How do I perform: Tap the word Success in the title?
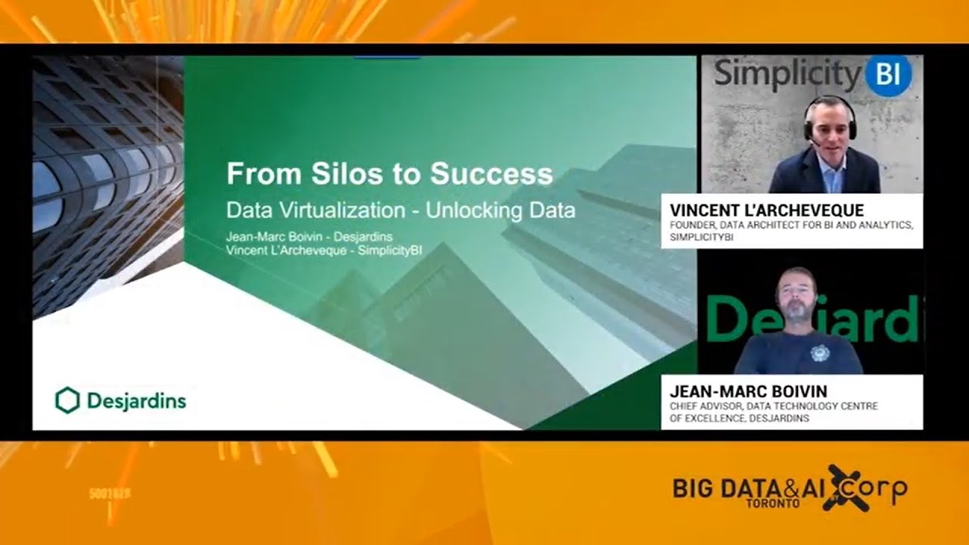pos(491,174)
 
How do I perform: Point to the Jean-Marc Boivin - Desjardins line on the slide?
pos(309,237)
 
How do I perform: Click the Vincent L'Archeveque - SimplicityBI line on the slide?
pos(323,251)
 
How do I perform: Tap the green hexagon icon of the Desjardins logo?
pos(67,400)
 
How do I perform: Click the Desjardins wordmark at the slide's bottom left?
pos(136,400)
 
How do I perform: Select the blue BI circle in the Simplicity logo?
pos(888,75)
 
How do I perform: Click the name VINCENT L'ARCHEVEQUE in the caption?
pos(766,210)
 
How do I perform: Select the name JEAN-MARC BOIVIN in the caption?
pos(748,391)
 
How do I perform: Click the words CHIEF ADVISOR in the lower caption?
pos(705,406)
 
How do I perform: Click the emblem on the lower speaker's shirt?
pos(820,353)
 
